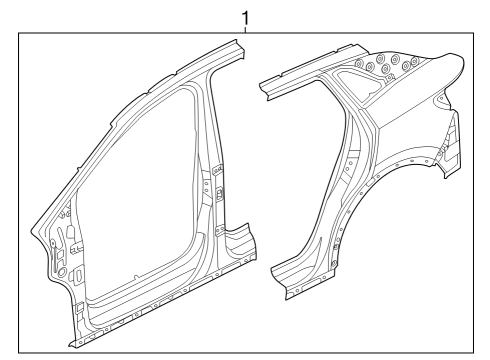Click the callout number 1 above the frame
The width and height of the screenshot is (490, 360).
point(245,18)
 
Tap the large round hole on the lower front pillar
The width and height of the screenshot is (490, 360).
point(62,272)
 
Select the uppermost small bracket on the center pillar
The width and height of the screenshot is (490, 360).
point(218,170)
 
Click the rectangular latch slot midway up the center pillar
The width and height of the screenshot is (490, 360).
point(220,193)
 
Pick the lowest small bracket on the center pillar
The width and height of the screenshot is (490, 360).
point(220,230)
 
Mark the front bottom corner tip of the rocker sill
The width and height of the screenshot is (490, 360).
point(69,347)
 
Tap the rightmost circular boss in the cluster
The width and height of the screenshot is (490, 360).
point(415,61)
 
